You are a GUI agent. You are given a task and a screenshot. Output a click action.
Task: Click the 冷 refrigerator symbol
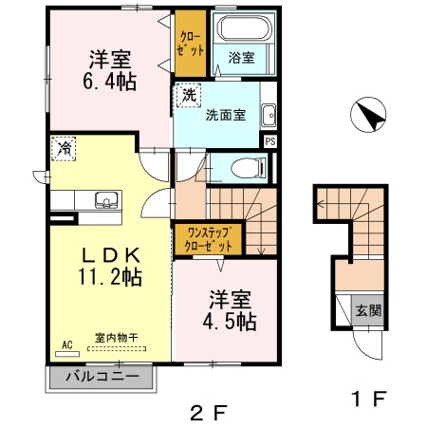click(x=65, y=148)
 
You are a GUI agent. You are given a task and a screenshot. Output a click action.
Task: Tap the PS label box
click(x=270, y=142)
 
